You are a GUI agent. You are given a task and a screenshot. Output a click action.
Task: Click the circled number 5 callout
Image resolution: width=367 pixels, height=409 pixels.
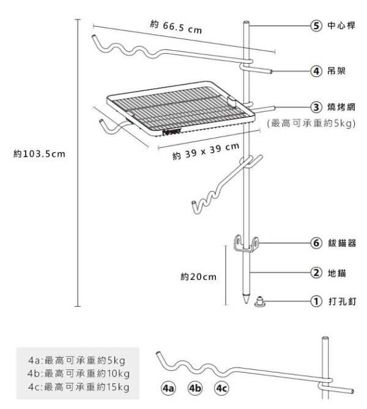click(316, 26)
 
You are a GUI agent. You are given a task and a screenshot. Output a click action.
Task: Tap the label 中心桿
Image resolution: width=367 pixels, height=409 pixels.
click(341, 26)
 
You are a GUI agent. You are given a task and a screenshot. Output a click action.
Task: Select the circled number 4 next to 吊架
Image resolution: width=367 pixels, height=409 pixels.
click(316, 72)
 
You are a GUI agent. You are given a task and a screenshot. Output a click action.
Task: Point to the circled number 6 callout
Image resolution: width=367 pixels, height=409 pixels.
click(316, 243)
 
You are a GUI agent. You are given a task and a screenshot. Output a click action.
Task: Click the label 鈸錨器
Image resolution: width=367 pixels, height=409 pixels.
click(341, 243)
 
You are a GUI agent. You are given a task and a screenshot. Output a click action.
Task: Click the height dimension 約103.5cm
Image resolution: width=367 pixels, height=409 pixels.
click(39, 153)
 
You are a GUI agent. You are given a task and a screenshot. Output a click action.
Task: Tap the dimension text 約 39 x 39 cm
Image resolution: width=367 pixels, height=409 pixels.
click(206, 152)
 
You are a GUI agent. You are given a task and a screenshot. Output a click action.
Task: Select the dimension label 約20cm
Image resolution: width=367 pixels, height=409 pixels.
click(199, 277)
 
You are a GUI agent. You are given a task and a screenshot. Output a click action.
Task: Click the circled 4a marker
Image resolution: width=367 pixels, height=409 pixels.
click(168, 388)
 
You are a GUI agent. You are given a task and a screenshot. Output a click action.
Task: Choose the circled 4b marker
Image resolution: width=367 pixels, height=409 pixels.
click(195, 388)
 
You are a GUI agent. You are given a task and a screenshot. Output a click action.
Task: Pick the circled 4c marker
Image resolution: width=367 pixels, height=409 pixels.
click(221, 388)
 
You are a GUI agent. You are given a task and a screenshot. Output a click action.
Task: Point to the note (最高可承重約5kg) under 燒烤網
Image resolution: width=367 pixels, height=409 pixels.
click(312, 124)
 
